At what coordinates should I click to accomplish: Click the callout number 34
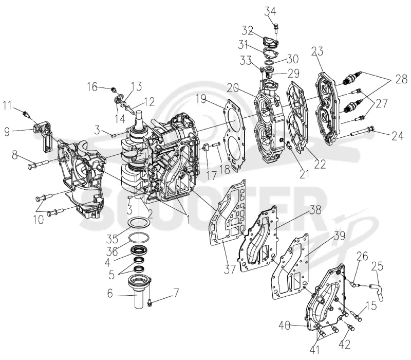tap(270, 11)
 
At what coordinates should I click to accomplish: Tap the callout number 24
tap(397, 136)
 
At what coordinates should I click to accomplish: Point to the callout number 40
tap(285, 326)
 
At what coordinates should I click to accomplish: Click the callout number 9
tap(7, 132)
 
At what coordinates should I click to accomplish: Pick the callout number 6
tap(110, 293)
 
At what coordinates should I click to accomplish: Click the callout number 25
tap(377, 266)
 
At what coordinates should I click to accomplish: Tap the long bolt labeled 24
tap(362, 133)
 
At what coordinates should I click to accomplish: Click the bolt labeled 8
tap(38, 164)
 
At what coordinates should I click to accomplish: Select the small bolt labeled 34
tap(276, 28)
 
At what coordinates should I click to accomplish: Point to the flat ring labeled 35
tap(139, 223)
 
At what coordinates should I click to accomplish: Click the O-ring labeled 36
tap(139, 238)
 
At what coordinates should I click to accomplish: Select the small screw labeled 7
tap(150, 302)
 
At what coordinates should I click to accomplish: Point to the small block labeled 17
tap(206, 147)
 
